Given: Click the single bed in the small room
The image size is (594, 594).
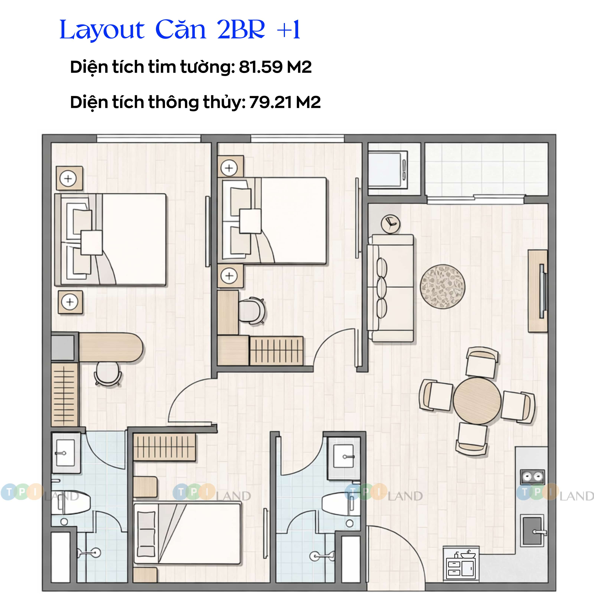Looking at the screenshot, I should [187, 533].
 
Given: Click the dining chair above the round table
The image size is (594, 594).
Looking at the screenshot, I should [482, 363].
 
